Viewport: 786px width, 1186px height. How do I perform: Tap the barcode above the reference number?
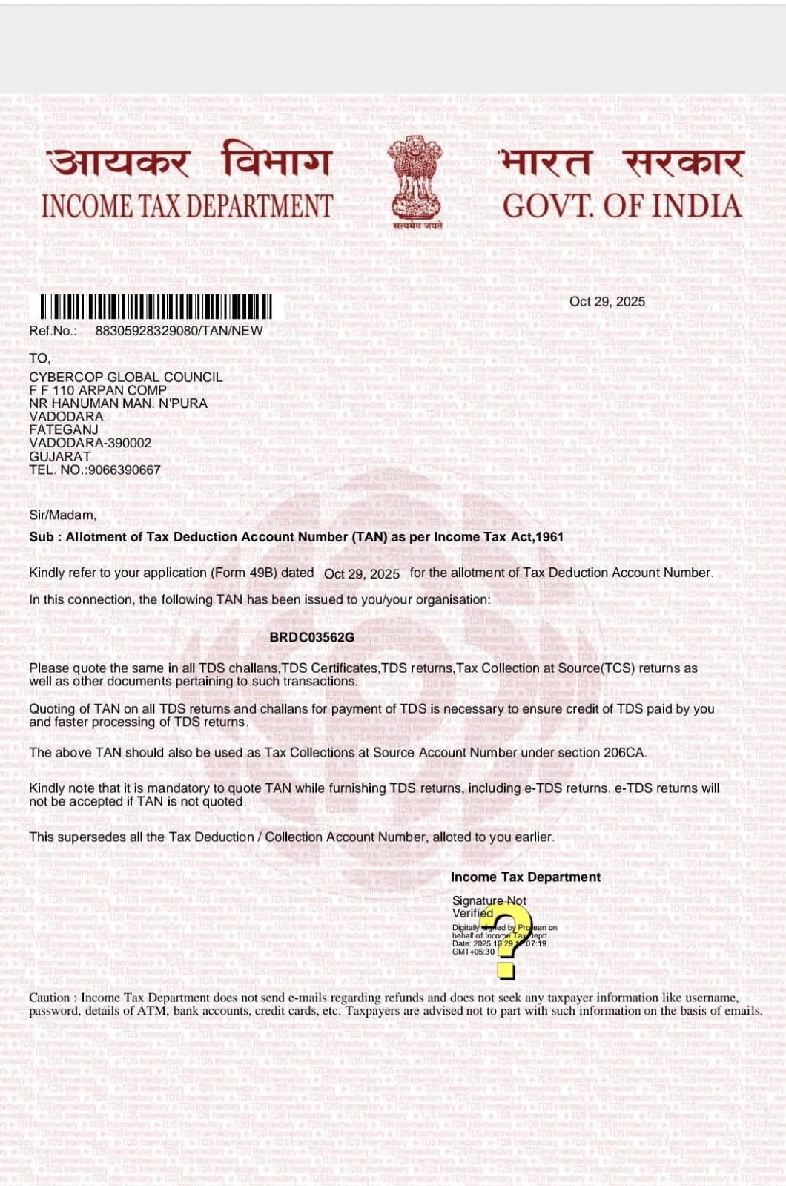(156, 307)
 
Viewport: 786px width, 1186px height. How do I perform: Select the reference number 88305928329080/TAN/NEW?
(179, 331)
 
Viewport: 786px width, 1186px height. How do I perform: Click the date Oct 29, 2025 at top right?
(607, 301)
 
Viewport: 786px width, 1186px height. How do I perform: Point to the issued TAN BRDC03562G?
(311, 637)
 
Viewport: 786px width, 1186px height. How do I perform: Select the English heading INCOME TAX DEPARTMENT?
(187, 206)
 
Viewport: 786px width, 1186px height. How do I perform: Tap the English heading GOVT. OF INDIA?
(621, 206)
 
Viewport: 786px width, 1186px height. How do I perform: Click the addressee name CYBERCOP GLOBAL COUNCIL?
(125, 377)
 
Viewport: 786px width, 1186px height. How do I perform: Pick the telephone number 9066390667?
(123, 470)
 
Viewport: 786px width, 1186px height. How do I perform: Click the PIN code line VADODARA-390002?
(90, 443)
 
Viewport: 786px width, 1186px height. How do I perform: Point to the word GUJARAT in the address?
(60, 456)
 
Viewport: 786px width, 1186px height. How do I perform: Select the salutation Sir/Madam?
(62, 515)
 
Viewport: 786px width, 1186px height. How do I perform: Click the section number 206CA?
(624, 752)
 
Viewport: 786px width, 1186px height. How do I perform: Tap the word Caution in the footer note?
(49, 998)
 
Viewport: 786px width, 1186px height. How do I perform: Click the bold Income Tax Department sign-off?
(525, 877)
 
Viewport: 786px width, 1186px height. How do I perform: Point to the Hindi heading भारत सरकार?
(621, 162)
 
